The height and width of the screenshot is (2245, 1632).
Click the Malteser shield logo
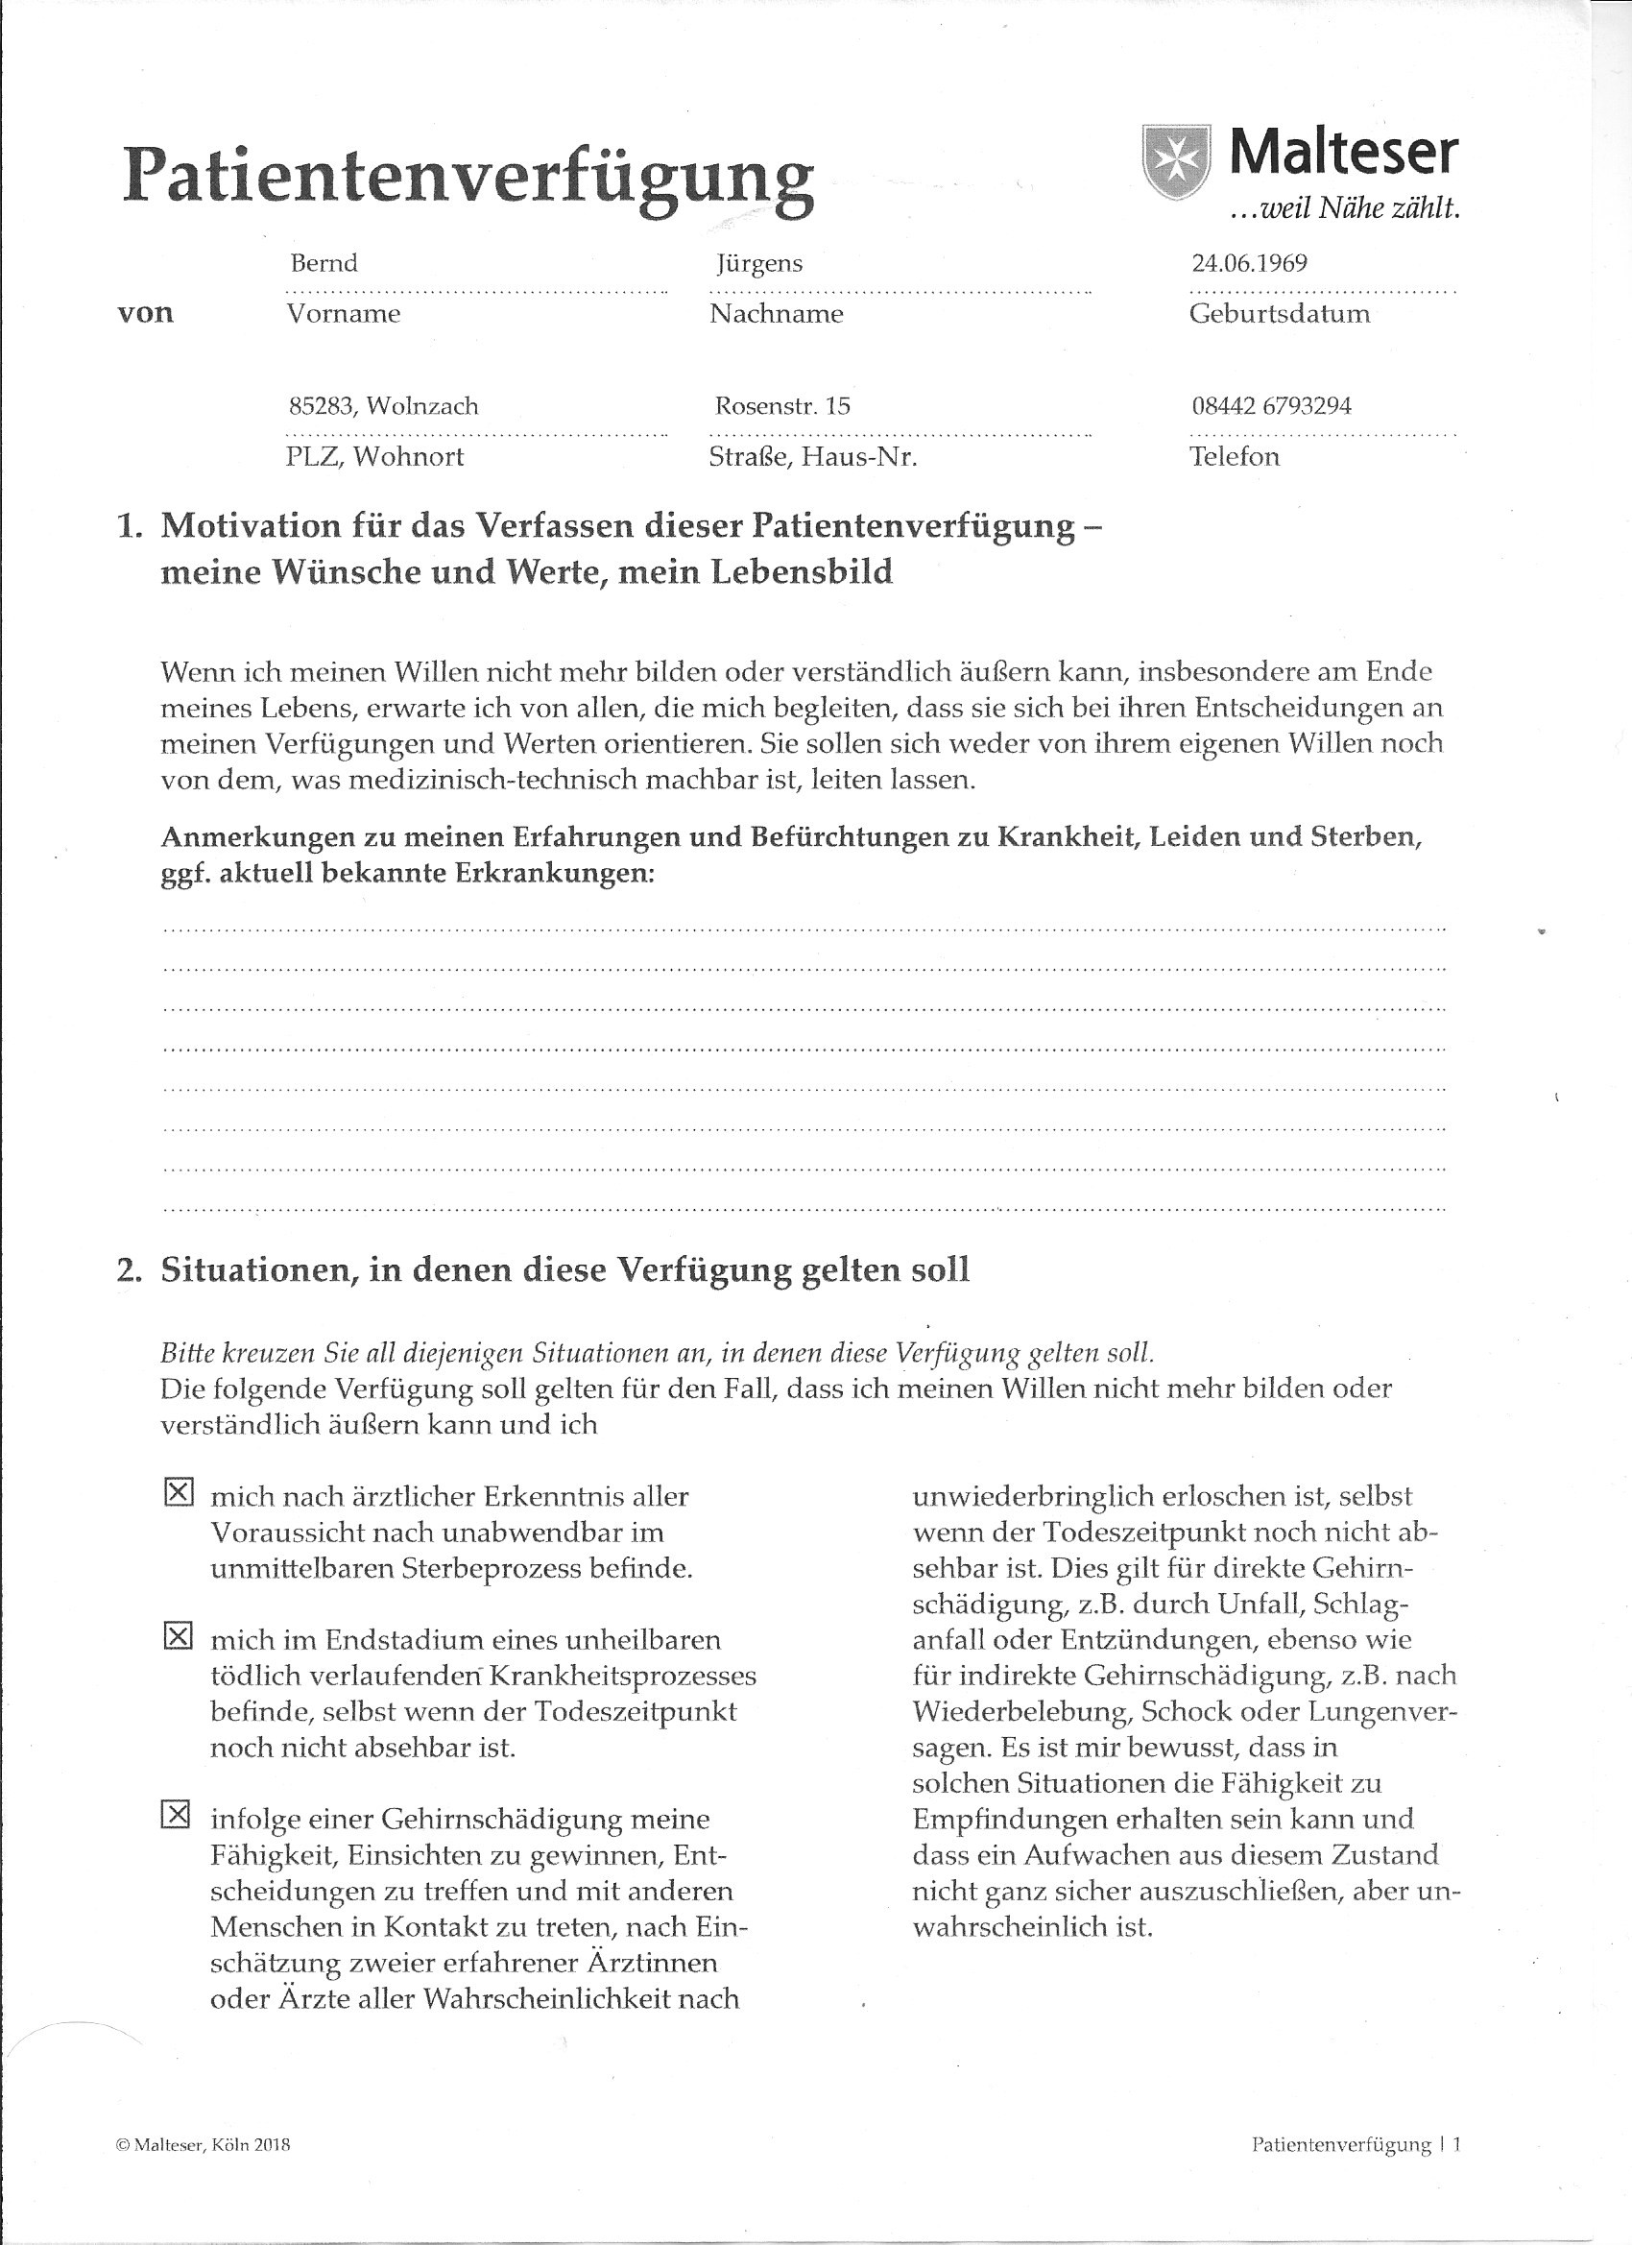click(x=1177, y=160)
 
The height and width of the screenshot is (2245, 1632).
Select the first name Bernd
click(x=324, y=263)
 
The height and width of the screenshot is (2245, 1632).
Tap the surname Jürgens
click(x=759, y=264)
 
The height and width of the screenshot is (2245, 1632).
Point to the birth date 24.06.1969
click(x=1249, y=263)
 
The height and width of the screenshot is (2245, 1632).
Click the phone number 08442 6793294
click(x=1271, y=406)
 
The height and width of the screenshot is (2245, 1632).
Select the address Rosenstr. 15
click(x=781, y=406)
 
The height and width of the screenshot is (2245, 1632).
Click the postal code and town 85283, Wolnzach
click(x=383, y=406)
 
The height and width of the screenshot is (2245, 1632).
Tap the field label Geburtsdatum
click(x=1279, y=315)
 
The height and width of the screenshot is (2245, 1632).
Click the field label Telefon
click(x=1235, y=457)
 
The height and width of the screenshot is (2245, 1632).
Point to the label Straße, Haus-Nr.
click(x=812, y=457)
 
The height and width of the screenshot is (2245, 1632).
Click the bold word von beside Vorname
click(x=146, y=314)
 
